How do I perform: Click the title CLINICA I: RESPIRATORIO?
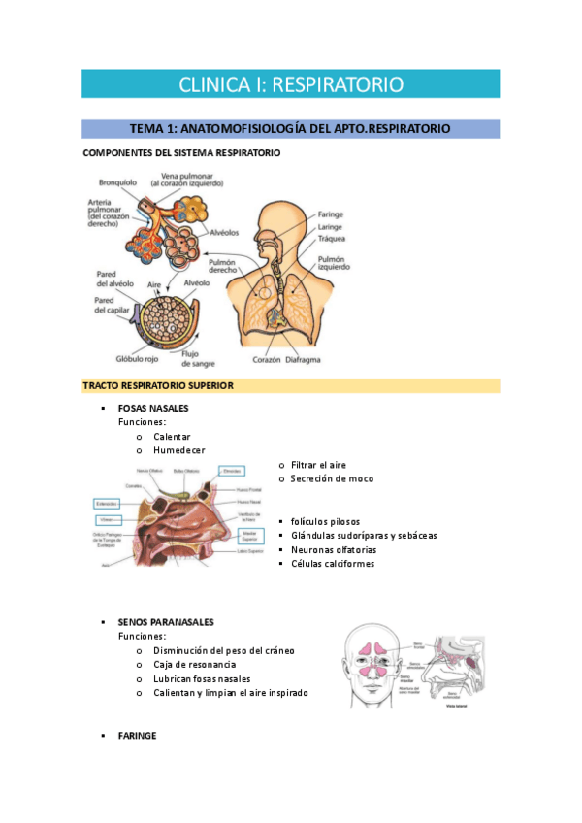pyautogui.click(x=290, y=84)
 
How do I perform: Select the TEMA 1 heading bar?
pyautogui.click(x=290, y=128)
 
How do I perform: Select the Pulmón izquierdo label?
pyautogui.click(x=336, y=263)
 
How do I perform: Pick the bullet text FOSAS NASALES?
pyautogui.click(x=153, y=408)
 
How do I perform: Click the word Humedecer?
pyautogui.click(x=179, y=450)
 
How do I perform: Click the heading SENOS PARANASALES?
pyautogui.click(x=166, y=621)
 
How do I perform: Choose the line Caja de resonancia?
pyautogui.click(x=194, y=664)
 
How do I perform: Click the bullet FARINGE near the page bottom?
pyautogui.click(x=137, y=736)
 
